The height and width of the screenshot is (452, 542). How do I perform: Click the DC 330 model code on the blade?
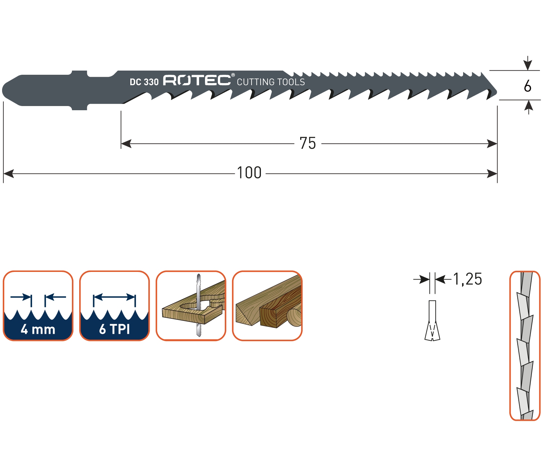pos(144,82)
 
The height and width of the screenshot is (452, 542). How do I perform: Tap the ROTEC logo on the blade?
pos(197,80)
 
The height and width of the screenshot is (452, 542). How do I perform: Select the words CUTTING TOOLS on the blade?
pos(271,82)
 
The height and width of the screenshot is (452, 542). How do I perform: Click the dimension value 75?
pos(307,143)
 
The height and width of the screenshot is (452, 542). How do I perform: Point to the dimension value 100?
pos(249,173)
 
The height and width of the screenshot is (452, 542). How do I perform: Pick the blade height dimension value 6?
pos(527,86)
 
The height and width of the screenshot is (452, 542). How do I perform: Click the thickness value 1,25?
pos(468,279)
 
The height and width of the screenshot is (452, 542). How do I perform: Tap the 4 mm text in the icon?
pos(38,329)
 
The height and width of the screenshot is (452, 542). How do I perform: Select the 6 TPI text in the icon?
pos(114,329)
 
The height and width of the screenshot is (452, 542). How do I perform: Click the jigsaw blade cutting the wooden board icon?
pos(191,306)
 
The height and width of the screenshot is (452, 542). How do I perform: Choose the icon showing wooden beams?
pos(268,306)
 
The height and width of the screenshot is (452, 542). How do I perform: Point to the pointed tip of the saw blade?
pos(496,92)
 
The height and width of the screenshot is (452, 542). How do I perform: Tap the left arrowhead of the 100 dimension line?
pos(9,173)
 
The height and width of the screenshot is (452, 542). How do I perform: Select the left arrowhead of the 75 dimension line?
pos(126,143)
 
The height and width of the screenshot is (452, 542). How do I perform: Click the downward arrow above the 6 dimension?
pos(527,63)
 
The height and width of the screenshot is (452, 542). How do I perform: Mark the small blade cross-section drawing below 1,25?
pos(432,321)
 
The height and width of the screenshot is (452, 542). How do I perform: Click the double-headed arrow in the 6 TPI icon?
pos(114,297)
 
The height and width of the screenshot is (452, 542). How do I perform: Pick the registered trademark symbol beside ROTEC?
pos(233,75)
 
